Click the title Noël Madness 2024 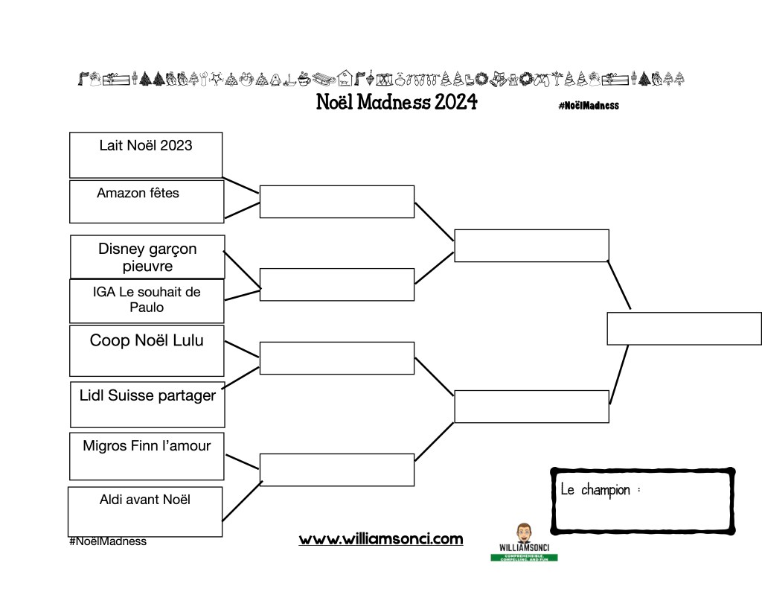tap(397, 102)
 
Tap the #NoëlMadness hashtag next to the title tap(588, 106)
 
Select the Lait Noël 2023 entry tap(146, 146)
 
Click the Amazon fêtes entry tap(138, 194)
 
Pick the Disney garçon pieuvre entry tap(147, 258)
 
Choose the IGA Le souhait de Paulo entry tap(147, 299)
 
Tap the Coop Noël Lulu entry tap(147, 341)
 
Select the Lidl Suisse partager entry tap(147, 396)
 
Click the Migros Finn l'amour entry tap(147, 447)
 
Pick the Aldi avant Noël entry tap(145, 500)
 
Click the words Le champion tap(595, 490)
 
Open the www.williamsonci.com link tap(381, 539)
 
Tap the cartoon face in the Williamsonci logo tap(523, 533)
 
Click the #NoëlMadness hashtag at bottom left tap(108, 541)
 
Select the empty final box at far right tap(684, 328)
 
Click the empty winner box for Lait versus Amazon tap(336, 202)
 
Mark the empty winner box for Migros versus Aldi tap(336, 470)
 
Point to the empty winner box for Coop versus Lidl tap(336, 358)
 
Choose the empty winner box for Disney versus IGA tap(336, 284)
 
